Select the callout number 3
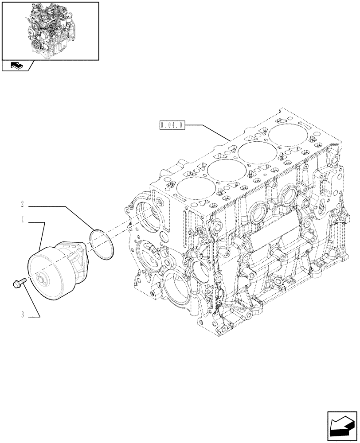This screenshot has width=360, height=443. pos(22,315)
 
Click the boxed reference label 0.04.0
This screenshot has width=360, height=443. pos(172,125)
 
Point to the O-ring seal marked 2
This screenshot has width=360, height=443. pos(102,244)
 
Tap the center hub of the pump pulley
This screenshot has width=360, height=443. pos(43,279)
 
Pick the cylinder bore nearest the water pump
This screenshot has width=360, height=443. pos(194,188)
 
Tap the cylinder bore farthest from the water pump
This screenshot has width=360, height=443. pos(284,134)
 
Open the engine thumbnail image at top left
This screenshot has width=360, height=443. pos(50,30)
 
